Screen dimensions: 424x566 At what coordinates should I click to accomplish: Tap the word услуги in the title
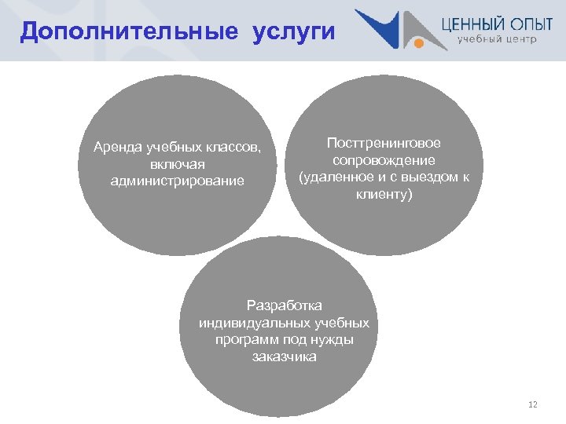click(x=293, y=32)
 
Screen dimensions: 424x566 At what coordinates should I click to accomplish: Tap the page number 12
click(x=533, y=404)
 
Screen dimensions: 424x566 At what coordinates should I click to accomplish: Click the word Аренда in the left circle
click(x=115, y=148)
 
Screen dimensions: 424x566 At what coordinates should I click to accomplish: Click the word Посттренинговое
click(x=384, y=143)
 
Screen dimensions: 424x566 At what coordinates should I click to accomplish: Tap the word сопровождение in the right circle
click(x=384, y=159)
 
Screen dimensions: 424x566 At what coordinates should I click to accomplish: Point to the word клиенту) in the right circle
click(x=384, y=193)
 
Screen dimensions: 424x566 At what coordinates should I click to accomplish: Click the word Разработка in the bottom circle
click(x=284, y=305)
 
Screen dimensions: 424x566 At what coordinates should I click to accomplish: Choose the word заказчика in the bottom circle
click(x=284, y=356)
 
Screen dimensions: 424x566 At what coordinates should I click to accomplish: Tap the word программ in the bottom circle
click(x=243, y=339)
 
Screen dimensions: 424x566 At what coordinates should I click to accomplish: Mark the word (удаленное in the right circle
click(x=331, y=177)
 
